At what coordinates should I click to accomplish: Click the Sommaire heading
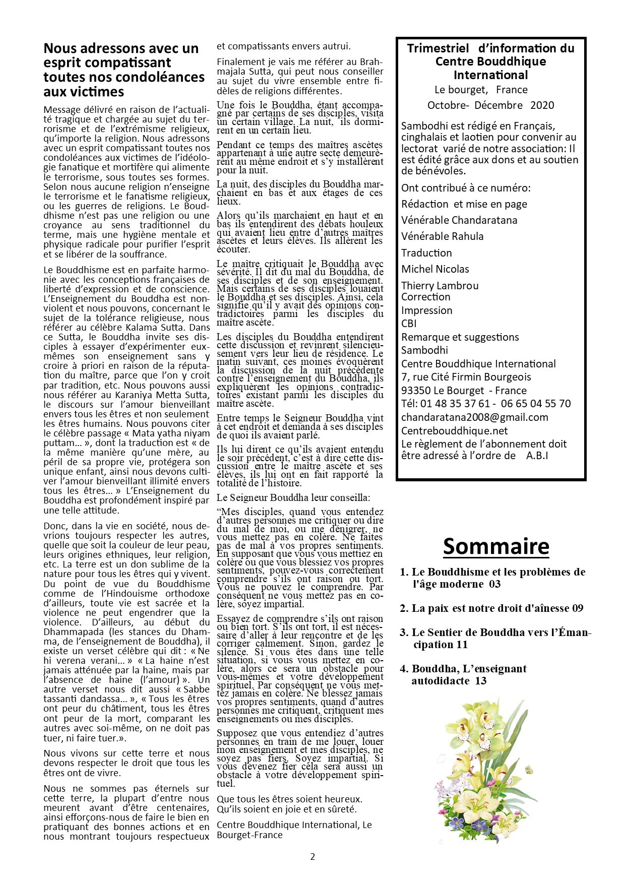tap(496, 546)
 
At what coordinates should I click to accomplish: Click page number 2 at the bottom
tap(312, 857)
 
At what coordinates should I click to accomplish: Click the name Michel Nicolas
tap(435, 269)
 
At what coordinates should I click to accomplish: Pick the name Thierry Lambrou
tap(440, 286)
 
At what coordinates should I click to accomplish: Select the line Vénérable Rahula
tap(442, 236)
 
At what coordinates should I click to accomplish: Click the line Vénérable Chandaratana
tap(459, 220)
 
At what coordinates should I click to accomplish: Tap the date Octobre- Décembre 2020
tap(490, 105)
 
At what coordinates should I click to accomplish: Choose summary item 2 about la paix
tap(491, 608)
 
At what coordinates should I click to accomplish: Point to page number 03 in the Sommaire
tap(494, 585)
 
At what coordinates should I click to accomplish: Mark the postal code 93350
tap(416, 391)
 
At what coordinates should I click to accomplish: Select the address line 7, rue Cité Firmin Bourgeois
tap(466, 377)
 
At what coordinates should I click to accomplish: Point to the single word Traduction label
tap(426, 253)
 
